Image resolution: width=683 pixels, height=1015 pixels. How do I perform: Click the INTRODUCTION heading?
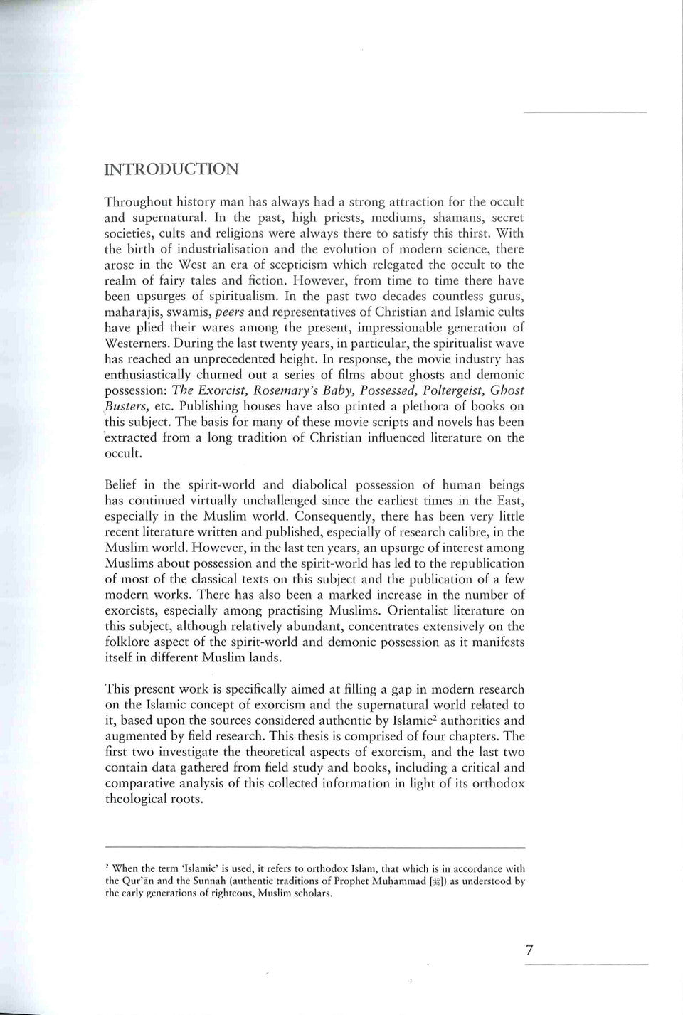pos(171,169)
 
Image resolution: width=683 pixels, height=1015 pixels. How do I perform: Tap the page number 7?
pos(529,950)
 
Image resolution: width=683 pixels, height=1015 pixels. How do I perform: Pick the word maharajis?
pos(133,312)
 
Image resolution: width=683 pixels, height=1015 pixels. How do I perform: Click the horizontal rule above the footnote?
pos(314,847)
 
